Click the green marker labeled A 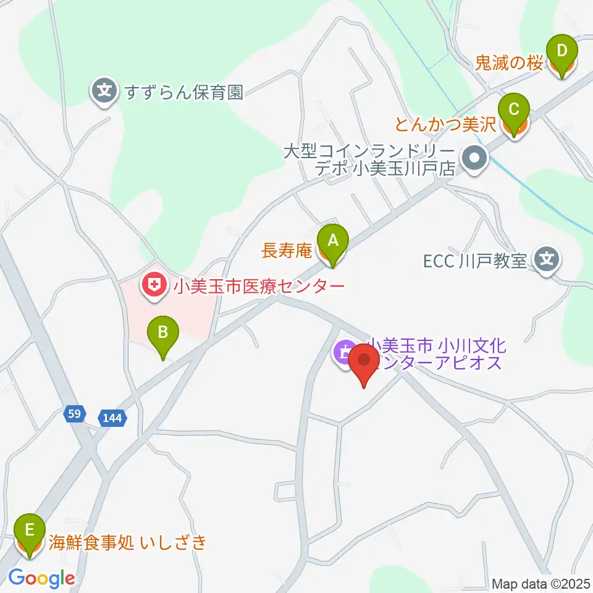tap(333, 241)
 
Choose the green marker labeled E tap(29, 532)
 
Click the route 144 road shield tap(112, 418)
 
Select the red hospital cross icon tap(151, 285)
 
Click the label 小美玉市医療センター tap(258, 286)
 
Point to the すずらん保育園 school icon tap(106, 92)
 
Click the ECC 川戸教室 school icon tap(547, 259)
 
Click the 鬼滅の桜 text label tap(510, 63)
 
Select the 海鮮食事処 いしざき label tap(127, 544)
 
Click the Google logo tap(41, 579)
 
